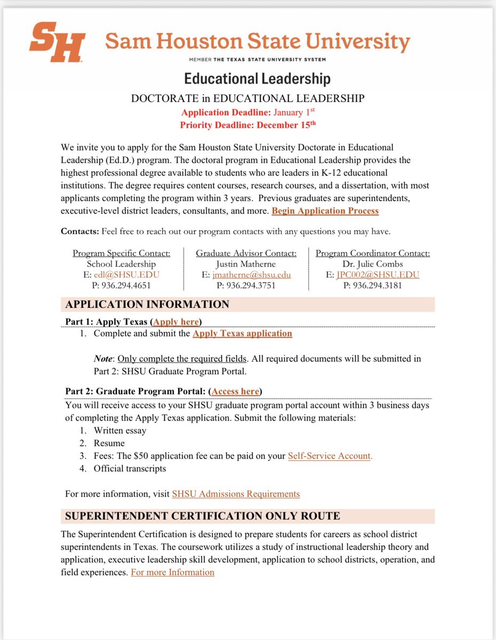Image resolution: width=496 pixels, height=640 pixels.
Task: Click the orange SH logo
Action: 57,42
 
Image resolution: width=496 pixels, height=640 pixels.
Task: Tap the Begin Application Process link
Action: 325,211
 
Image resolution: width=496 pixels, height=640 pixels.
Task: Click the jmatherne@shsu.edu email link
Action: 251,275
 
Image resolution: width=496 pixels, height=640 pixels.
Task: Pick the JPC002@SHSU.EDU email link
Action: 377,275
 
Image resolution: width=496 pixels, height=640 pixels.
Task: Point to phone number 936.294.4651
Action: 122,285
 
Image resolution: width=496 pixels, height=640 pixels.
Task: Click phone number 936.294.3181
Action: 373,285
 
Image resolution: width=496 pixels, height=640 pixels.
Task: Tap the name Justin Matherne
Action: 246,264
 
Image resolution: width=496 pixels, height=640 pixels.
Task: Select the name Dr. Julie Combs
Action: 373,264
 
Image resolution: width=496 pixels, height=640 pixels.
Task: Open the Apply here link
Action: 176,322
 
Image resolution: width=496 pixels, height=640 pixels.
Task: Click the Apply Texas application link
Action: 242,333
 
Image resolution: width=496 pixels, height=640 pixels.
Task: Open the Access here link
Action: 235,391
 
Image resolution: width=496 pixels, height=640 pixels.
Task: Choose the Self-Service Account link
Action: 330,456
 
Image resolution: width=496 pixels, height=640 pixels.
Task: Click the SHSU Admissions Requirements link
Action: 235,494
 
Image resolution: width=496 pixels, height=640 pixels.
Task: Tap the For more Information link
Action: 172,572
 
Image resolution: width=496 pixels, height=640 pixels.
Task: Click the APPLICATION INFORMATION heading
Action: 147,305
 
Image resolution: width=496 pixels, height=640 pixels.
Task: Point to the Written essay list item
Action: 120,430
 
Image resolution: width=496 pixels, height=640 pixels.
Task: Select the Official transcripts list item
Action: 130,469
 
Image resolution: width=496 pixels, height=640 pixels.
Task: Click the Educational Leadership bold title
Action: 257,79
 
